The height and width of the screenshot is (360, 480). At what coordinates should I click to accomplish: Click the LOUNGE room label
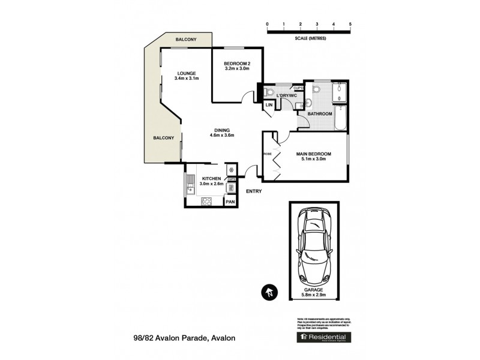point(186,73)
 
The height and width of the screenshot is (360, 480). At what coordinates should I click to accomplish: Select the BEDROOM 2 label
point(236,64)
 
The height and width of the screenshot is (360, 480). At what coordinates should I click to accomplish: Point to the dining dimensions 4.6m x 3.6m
point(221,135)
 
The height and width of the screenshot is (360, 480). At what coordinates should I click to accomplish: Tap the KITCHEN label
point(212,179)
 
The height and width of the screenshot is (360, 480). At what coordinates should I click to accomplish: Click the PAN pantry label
point(230,202)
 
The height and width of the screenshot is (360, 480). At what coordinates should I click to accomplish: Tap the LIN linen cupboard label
point(269,106)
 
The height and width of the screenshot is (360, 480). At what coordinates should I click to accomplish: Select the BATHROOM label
point(320,113)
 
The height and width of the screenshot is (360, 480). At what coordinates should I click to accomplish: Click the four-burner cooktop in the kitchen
point(206,202)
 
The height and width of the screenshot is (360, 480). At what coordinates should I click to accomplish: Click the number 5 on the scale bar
point(350,24)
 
